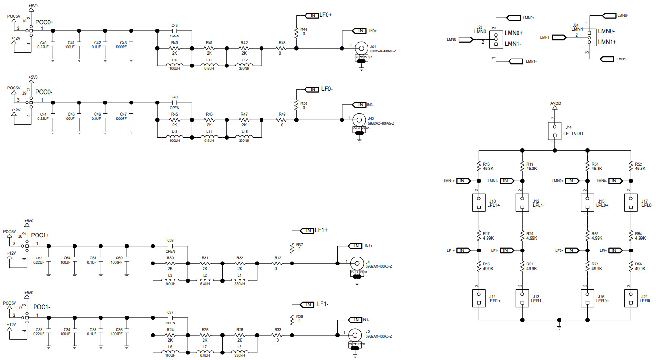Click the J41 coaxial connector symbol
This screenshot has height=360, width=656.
point(360,48)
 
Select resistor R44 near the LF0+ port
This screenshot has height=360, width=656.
point(296,33)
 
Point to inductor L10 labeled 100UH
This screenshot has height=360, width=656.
point(174,65)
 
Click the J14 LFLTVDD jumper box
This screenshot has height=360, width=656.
point(554,131)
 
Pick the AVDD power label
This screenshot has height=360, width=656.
point(555,103)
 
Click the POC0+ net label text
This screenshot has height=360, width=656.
point(45,22)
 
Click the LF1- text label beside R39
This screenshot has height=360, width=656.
point(322,305)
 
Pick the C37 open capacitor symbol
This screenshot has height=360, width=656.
point(170,317)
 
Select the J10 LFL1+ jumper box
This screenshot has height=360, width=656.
point(479,203)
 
